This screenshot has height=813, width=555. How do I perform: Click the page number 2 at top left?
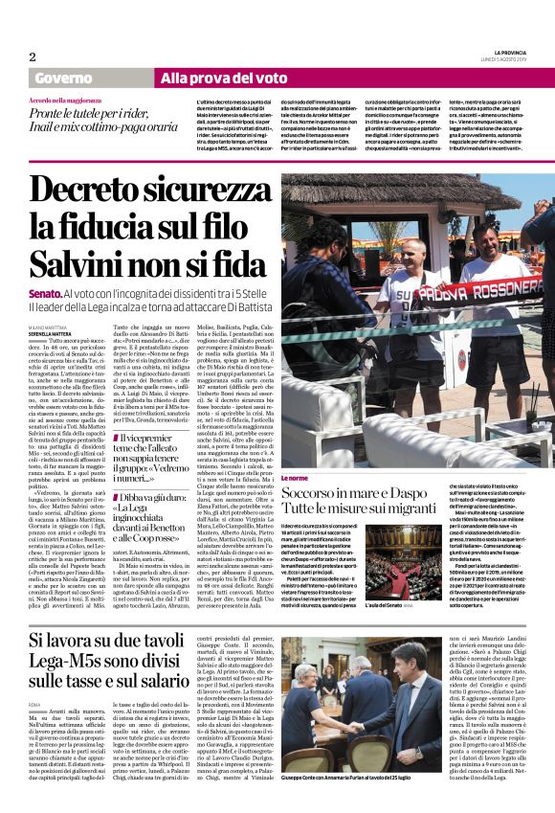click(x=33, y=56)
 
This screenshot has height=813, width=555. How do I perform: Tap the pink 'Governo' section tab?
click(x=64, y=79)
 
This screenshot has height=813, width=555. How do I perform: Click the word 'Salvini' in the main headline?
click(x=79, y=260)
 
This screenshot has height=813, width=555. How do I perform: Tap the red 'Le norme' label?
click(x=294, y=477)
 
